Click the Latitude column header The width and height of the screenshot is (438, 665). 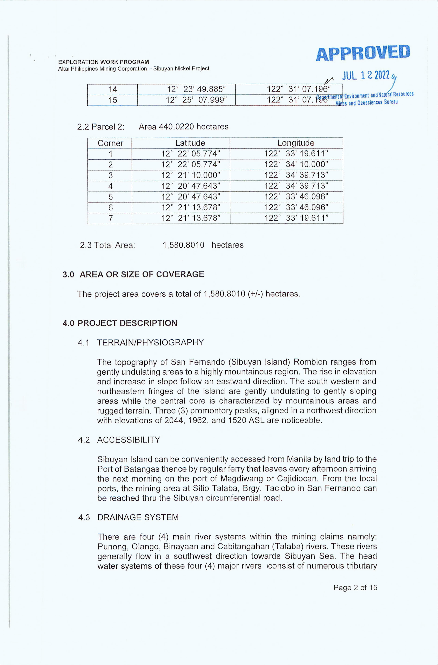tap(190, 143)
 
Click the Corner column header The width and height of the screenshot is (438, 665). tap(110, 143)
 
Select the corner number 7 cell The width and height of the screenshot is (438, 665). tap(110, 218)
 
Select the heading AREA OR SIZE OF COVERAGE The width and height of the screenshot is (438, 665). tap(142, 274)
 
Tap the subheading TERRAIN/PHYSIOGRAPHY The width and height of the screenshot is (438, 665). tap(150, 343)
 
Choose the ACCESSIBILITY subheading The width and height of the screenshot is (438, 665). tap(129, 440)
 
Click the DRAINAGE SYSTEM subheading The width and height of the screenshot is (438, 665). tap(138, 517)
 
